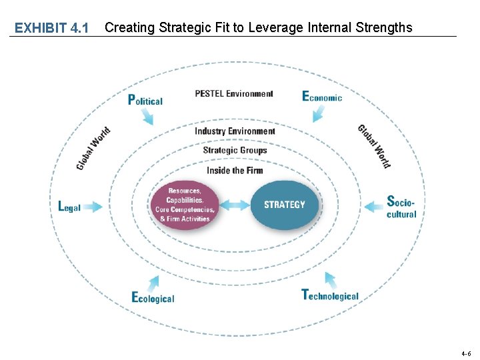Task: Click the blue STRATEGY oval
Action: pyautogui.click(x=285, y=205)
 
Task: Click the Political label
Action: pyautogui.click(x=145, y=100)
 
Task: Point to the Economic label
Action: pyautogui.click(x=322, y=97)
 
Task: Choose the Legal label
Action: pyautogui.click(x=69, y=207)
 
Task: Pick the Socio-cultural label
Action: pyautogui.click(x=401, y=207)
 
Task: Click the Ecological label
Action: pyautogui.click(x=153, y=298)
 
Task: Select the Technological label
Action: pyautogui.click(x=330, y=295)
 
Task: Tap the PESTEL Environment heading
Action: pyautogui.click(x=234, y=94)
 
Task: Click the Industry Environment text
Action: pyautogui.click(x=235, y=131)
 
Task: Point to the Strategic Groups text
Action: pyautogui.click(x=235, y=150)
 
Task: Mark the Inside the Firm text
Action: pyautogui.click(x=235, y=170)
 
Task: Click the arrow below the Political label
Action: pyautogui.click(x=147, y=117)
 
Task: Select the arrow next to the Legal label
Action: pyautogui.click(x=93, y=207)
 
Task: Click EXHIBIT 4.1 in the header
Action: pyautogui.click(x=51, y=28)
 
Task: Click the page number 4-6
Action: pyautogui.click(x=465, y=353)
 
